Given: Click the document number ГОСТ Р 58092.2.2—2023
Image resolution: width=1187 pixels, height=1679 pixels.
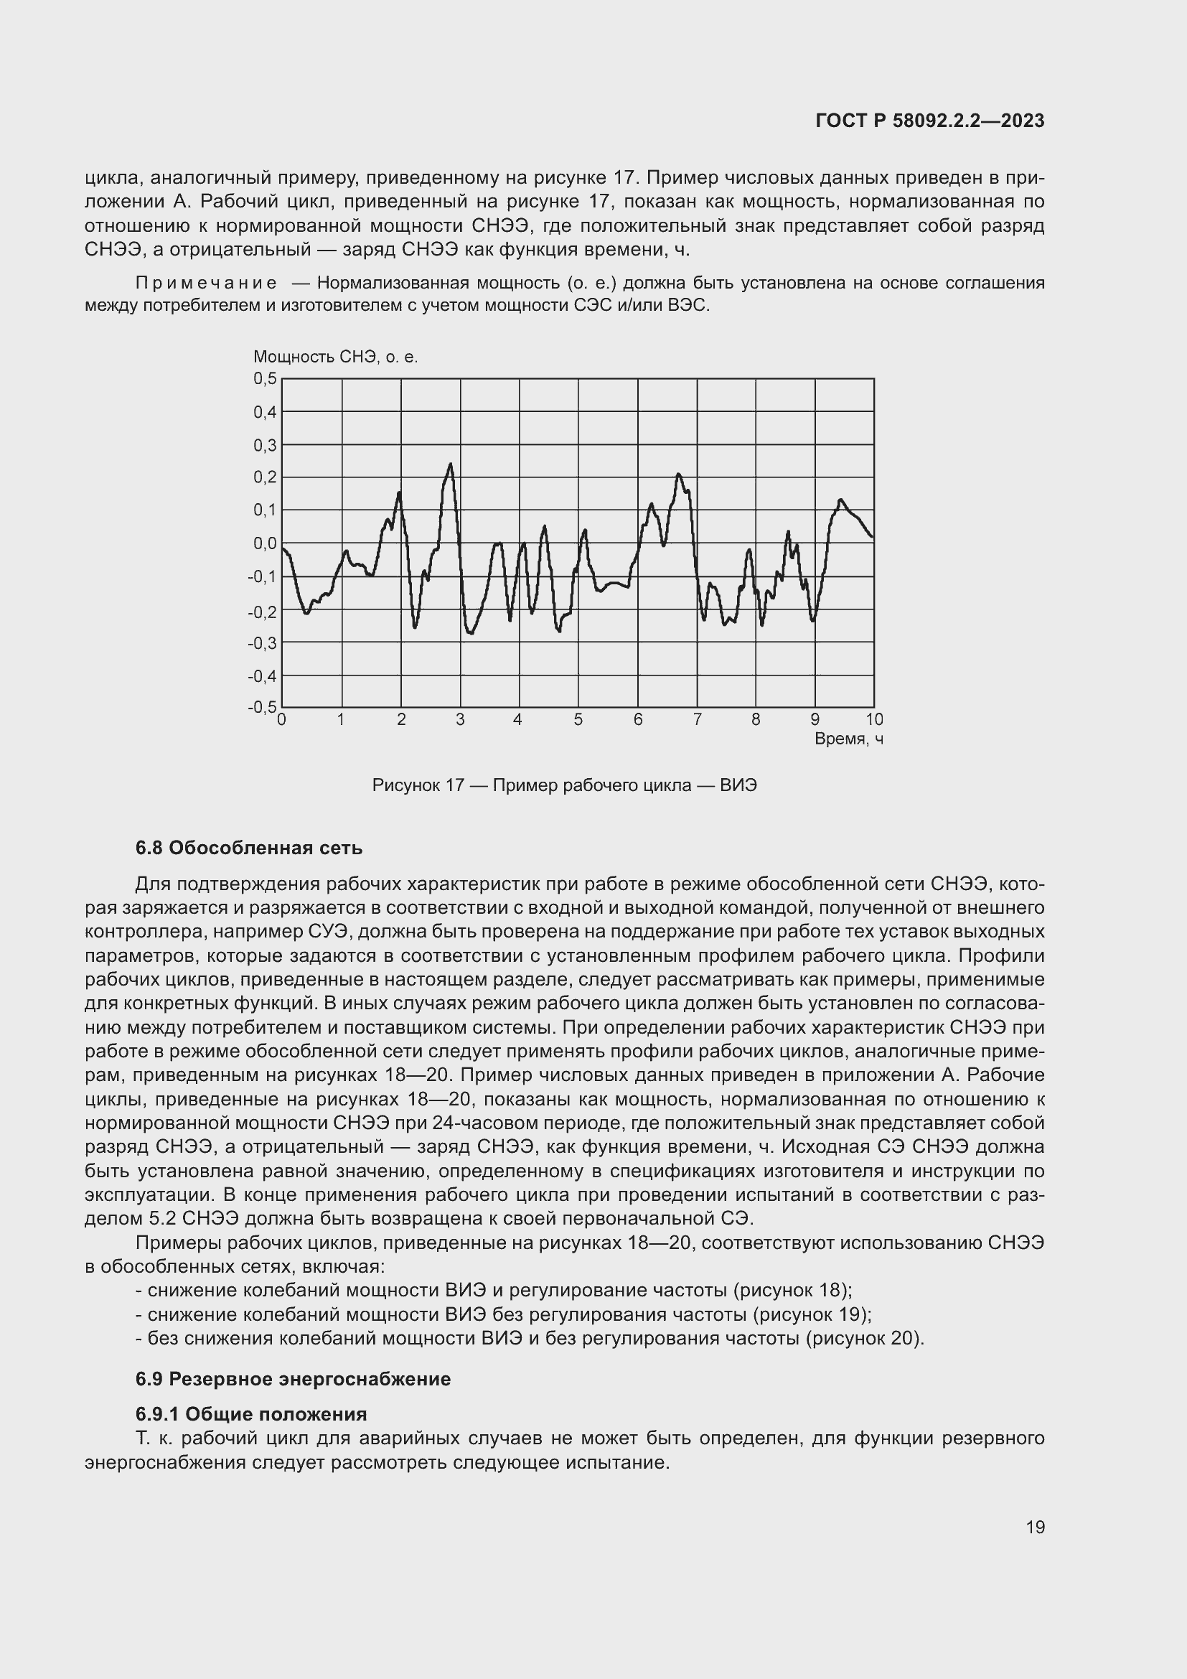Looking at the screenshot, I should (929, 121).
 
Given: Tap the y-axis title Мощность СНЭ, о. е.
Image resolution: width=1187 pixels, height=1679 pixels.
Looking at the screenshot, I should (335, 357).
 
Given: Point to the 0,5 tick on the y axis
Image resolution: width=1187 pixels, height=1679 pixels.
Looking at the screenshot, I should (266, 378).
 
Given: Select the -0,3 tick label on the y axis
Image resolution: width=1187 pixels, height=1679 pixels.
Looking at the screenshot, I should (263, 642).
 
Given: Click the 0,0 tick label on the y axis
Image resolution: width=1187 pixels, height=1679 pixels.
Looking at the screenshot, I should (266, 543).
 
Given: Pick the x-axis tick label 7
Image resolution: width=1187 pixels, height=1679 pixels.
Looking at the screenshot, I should (698, 719).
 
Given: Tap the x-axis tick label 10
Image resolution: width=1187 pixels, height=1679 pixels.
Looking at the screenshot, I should (874, 719).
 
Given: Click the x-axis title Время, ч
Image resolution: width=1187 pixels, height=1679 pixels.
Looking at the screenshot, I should (848, 739).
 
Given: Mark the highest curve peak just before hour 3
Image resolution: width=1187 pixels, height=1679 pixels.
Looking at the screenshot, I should (450, 464).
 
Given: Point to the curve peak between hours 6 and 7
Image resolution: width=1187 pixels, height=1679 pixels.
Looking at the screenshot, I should (678, 474).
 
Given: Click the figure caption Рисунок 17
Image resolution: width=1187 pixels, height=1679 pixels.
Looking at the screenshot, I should (564, 785).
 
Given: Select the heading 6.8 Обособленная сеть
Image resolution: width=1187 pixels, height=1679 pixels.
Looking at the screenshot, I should (248, 848).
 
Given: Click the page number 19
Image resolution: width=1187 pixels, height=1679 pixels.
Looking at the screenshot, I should (1035, 1527).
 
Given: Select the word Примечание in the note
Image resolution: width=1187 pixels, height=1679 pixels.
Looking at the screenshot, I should (206, 283).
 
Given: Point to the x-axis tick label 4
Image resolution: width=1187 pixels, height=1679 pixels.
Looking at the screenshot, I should (517, 719).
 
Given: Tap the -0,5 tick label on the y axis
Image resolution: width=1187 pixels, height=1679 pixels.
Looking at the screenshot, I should (263, 707).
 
